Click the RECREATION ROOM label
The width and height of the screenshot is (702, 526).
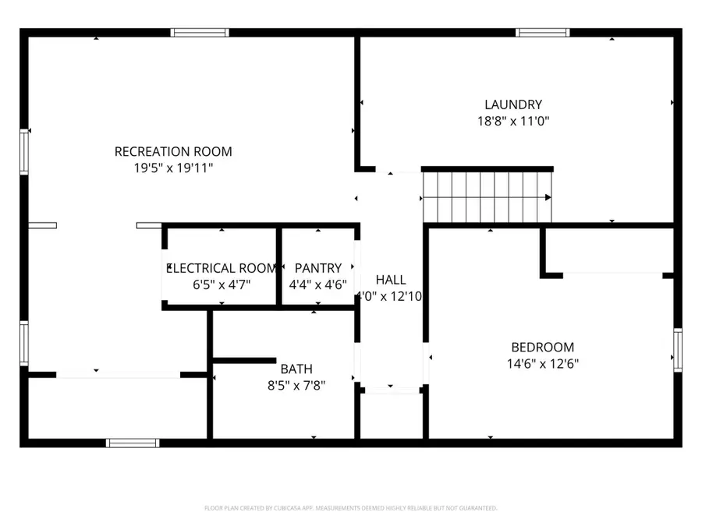click(173, 151)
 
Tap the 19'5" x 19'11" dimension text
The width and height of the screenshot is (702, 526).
click(173, 168)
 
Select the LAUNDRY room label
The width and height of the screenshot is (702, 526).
click(512, 104)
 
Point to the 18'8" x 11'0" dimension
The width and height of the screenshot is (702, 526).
click(512, 121)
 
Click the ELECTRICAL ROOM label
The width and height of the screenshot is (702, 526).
click(222, 268)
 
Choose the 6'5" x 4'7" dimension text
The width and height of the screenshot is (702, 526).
click(222, 284)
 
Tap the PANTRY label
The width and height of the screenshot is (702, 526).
click(317, 268)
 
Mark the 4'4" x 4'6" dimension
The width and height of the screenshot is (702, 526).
click(317, 284)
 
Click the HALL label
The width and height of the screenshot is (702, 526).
click(390, 280)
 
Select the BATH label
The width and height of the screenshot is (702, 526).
click(292, 368)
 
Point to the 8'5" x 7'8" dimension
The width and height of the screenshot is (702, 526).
click(292, 384)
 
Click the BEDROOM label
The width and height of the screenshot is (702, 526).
click(542, 347)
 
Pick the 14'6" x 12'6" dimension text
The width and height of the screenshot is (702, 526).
click(542, 363)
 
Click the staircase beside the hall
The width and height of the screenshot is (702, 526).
click(487, 197)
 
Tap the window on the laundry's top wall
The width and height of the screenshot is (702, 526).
click(543, 33)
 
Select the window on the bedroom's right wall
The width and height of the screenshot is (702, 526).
click(677, 351)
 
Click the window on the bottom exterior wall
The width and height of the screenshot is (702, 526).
click(133, 443)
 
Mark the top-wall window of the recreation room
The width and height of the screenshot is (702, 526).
click(200, 33)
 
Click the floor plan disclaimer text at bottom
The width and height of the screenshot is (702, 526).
click(350, 508)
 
